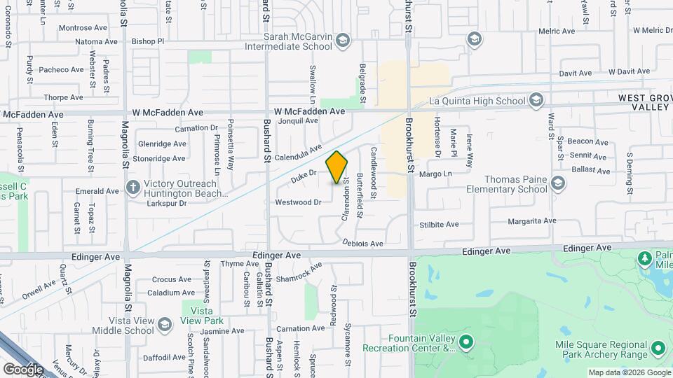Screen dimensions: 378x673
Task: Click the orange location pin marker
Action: (336, 167)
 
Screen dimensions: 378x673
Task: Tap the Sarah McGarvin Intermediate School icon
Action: (342, 40)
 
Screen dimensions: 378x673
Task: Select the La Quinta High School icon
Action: (536, 100)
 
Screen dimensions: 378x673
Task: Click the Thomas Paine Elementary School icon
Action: (557, 183)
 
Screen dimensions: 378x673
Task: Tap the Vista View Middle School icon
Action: (164, 325)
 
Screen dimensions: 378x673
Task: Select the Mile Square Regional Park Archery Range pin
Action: (658, 348)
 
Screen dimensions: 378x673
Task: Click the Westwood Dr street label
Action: (297, 202)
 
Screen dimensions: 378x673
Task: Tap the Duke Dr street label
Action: (304, 176)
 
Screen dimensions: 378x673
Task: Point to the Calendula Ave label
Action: (297, 153)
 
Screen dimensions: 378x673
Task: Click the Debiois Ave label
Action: (363, 243)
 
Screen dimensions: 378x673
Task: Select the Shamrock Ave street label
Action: (299, 273)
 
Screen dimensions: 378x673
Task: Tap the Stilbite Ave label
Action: (439, 225)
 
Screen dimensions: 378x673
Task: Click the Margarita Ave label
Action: (532, 220)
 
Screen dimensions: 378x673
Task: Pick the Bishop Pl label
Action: (147, 41)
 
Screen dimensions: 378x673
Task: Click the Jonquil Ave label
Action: (298, 120)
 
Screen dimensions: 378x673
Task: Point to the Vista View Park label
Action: (203, 315)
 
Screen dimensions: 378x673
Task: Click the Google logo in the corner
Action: (23, 369)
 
